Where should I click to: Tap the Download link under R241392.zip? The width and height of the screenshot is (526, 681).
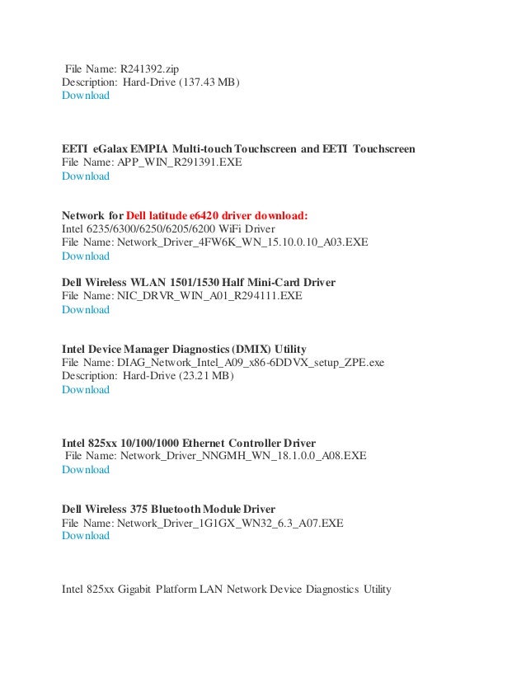pyautogui.click(x=86, y=96)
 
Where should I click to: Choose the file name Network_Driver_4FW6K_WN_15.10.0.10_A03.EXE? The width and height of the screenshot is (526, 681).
pyautogui.click(x=242, y=242)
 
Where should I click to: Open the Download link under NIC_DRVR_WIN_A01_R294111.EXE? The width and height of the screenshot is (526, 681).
pyautogui.click(x=86, y=310)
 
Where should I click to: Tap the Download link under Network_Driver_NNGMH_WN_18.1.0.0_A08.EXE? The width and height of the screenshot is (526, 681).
pyautogui.click(x=86, y=470)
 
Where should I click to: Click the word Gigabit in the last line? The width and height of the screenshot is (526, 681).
pyautogui.click(x=132, y=589)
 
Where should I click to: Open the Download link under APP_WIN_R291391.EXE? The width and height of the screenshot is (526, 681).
pyautogui.click(x=86, y=176)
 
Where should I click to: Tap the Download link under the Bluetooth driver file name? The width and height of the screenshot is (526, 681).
pyautogui.click(x=86, y=536)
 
